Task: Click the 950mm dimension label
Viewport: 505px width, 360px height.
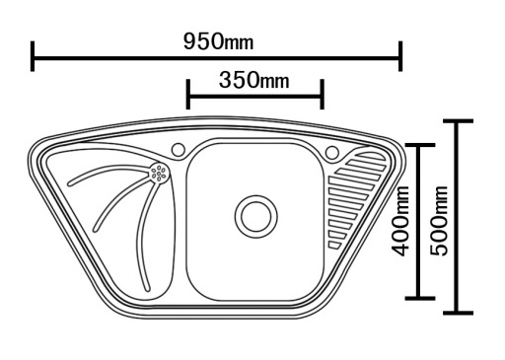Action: pos(219,41)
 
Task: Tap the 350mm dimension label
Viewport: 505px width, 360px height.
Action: pos(254,81)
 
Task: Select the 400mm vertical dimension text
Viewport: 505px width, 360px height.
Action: pos(400,221)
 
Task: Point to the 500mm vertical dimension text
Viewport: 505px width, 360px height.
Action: pos(439,221)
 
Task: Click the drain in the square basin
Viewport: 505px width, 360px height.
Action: pos(256,217)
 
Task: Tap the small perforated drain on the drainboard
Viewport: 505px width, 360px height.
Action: pos(159,173)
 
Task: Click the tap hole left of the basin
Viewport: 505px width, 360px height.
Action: pos(179,150)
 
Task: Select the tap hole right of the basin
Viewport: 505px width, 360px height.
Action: pos(332,153)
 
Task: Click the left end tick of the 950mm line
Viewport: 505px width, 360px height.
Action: pos(33,56)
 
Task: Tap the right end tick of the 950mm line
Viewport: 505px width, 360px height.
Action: pos(400,56)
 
